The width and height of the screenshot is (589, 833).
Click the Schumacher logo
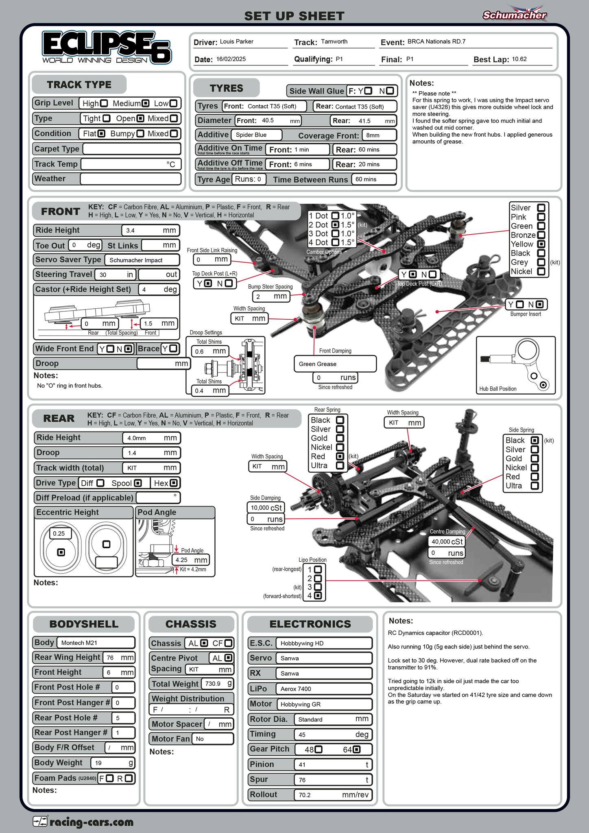515,15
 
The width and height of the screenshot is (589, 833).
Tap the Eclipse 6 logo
107,48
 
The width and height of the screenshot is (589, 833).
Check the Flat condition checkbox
102,133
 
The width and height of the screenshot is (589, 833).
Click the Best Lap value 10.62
519,59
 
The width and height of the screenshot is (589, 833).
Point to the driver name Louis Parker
236,41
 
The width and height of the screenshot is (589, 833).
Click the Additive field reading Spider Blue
257,135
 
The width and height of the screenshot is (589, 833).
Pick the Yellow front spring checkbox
541,244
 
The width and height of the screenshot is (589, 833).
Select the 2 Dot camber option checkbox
335,225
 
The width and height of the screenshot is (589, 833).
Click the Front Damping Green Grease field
335,364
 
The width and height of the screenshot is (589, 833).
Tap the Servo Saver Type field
142,260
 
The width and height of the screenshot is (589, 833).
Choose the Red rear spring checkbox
340,456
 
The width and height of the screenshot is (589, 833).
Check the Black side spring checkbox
535,440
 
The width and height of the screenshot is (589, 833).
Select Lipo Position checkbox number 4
318,596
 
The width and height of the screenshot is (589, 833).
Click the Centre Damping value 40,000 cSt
446,542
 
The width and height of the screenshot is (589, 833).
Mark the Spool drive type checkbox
138,483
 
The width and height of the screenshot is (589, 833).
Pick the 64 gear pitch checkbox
356,749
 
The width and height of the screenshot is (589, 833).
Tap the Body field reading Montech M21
96,643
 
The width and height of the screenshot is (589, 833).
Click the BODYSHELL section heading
84,624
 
